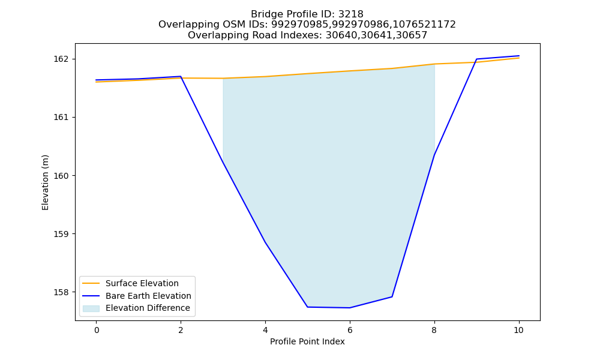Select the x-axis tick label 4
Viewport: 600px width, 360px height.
point(265,330)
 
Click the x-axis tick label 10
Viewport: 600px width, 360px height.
point(518,330)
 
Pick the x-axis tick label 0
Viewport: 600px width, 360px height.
point(97,330)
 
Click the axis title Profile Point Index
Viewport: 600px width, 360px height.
point(307,341)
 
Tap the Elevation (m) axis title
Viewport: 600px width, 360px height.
point(45,182)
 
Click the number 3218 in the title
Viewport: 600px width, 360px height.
point(350,14)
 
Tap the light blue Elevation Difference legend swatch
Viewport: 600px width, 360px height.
point(91,308)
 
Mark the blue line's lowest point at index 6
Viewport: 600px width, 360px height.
point(350,308)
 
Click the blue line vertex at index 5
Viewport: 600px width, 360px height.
point(307,307)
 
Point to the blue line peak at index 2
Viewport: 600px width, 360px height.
point(181,77)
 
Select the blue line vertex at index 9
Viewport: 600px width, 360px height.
point(476,59)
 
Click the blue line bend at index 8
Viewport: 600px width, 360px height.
point(434,155)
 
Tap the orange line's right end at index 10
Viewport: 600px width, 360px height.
point(519,58)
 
